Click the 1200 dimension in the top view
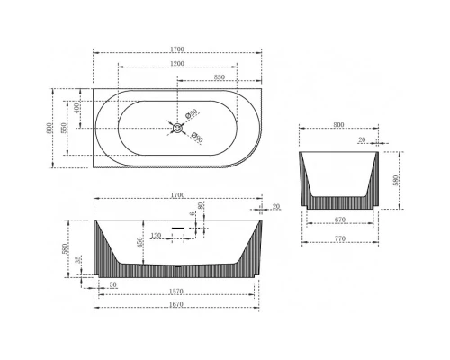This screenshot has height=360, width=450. [x=175, y=65]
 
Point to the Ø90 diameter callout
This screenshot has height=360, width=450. [x=198, y=139]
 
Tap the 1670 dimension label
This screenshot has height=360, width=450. [x=176, y=306]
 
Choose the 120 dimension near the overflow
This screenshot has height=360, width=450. [x=157, y=236]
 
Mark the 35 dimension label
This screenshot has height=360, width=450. [x=79, y=261]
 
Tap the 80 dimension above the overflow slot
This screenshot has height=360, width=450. [x=201, y=206]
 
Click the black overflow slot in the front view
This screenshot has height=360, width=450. [x=177, y=228]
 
